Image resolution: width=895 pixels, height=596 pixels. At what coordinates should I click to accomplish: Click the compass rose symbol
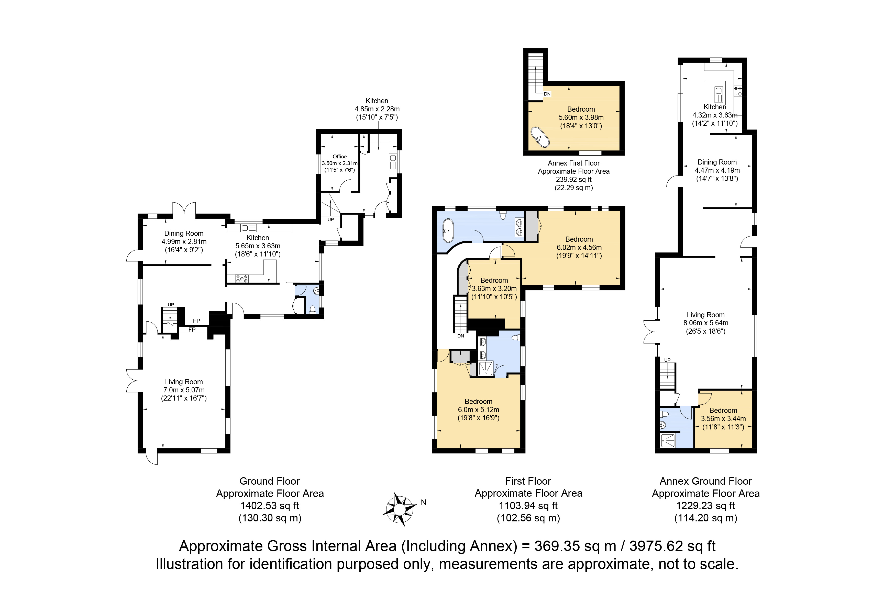tap(399, 509)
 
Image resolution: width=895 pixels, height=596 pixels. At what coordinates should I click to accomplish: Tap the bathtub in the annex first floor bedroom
tap(540, 137)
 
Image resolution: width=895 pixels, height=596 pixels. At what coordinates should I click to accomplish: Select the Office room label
tap(339, 157)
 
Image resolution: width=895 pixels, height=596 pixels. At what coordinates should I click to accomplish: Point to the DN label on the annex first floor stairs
tap(547, 94)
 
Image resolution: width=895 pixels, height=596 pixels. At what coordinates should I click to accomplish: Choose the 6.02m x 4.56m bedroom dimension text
tap(579, 248)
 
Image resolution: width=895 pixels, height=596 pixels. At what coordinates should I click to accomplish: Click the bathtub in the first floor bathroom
tap(448, 230)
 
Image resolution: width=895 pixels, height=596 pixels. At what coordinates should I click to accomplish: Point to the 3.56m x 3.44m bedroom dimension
tap(723, 418)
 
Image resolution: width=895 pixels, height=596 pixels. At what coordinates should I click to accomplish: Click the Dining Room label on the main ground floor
tap(184, 233)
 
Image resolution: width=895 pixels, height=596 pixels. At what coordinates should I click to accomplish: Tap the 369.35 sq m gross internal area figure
tap(575, 546)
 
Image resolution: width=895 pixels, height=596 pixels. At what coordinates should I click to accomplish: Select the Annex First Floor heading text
tap(573, 163)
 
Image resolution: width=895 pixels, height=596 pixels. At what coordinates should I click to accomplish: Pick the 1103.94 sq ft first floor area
tap(528, 506)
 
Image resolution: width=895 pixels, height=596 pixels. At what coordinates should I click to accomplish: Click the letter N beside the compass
tap(424, 502)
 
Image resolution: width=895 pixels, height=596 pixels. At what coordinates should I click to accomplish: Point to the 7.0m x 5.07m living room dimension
tap(184, 390)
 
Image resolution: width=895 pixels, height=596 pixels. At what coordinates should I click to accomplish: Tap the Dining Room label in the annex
tap(717, 162)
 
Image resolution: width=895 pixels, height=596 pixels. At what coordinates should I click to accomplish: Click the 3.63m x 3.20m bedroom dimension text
tap(494, 288)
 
